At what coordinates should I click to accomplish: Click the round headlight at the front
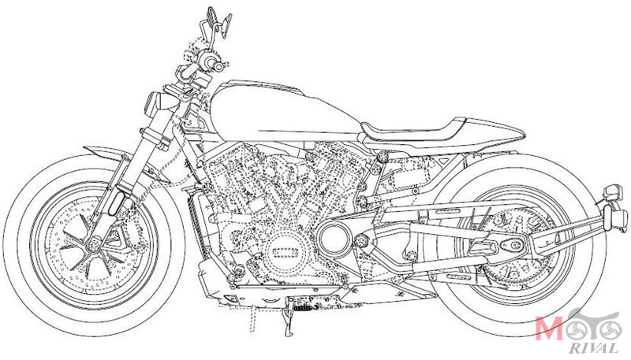click(158, 104)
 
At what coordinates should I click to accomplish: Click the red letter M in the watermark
click(549, 328)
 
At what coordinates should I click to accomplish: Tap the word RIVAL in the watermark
click(594, 348)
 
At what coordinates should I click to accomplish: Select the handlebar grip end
click(218, 66)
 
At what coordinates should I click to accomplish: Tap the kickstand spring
click(304, 308)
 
